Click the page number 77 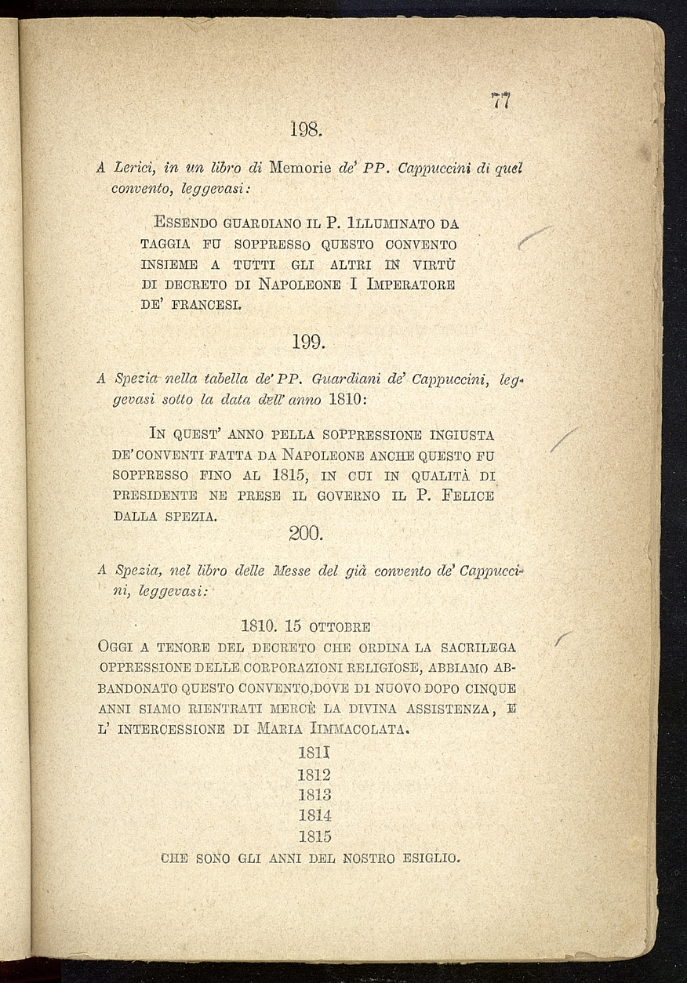coord(500,101)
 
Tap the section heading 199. coord(307,342)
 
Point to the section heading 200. coord(305,534)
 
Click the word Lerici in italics coord(137,167)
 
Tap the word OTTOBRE coord(340,627)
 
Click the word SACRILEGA coord(477,647)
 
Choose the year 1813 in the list coord(314,795)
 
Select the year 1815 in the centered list coord(314,836)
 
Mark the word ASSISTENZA coord(445,709)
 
